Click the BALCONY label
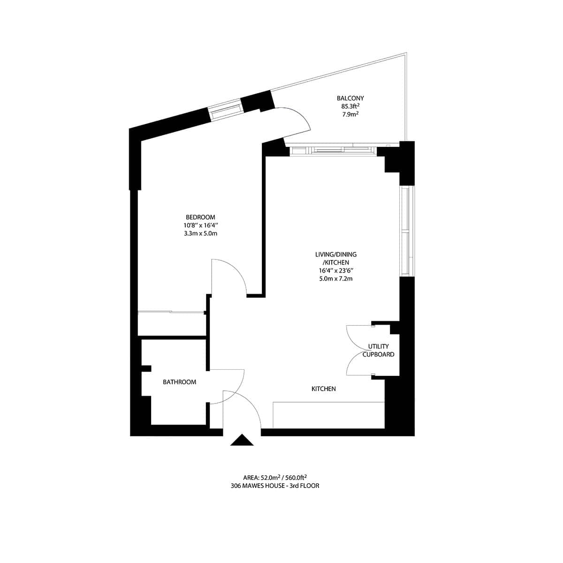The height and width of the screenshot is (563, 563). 350,99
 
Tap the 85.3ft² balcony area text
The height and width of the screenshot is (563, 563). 350,106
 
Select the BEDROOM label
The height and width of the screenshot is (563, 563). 200,217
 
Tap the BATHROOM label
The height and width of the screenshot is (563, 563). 179,382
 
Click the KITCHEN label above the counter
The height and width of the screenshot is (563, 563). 324,389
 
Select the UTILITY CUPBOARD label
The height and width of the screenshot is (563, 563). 378,350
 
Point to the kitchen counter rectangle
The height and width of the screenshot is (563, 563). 328,415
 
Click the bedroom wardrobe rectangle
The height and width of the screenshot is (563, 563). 172,324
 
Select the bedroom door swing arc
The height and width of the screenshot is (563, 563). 232,274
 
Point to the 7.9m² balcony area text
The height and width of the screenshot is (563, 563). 350,114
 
